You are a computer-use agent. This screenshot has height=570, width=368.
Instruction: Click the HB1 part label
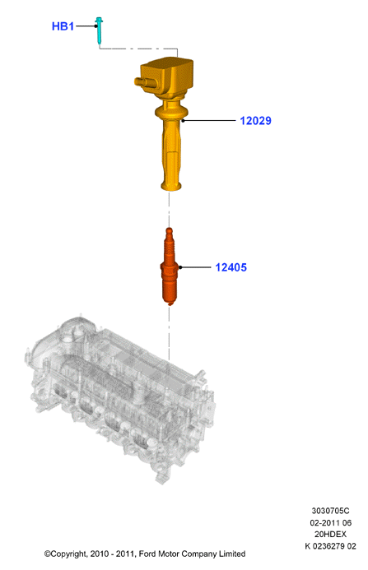click(63, 26)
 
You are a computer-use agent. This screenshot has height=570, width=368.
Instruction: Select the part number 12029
click(255, 121)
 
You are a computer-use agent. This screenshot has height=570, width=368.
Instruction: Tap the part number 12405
click(231, 267)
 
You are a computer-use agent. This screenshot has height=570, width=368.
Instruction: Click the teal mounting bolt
click(99, 31)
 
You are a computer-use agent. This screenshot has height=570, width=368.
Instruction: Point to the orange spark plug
click(170, 266)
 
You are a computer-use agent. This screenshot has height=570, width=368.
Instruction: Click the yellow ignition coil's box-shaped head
click(167, 76)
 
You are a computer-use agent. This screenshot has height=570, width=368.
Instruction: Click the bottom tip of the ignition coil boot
click(170, 188)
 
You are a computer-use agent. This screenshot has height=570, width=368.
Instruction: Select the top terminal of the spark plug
click(169, 232)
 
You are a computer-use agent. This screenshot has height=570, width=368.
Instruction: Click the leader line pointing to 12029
click(209, 120)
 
